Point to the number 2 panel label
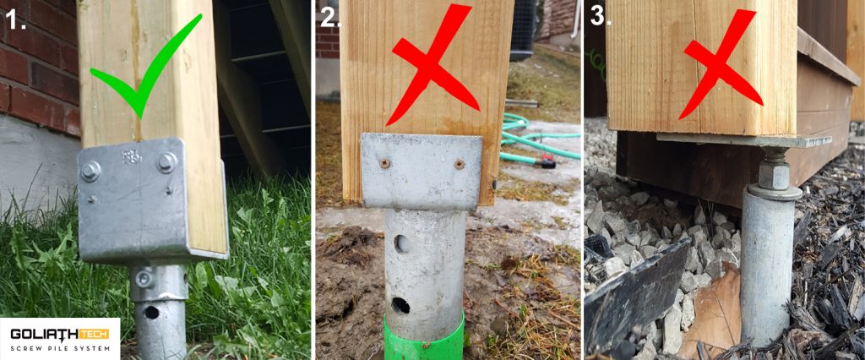coord(329,18)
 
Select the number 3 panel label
coord(596,17)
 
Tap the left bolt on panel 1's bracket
coord(90,172)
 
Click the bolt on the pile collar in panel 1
coord(144,278)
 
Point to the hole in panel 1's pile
coord(151,312)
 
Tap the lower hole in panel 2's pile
coord(400,305)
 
